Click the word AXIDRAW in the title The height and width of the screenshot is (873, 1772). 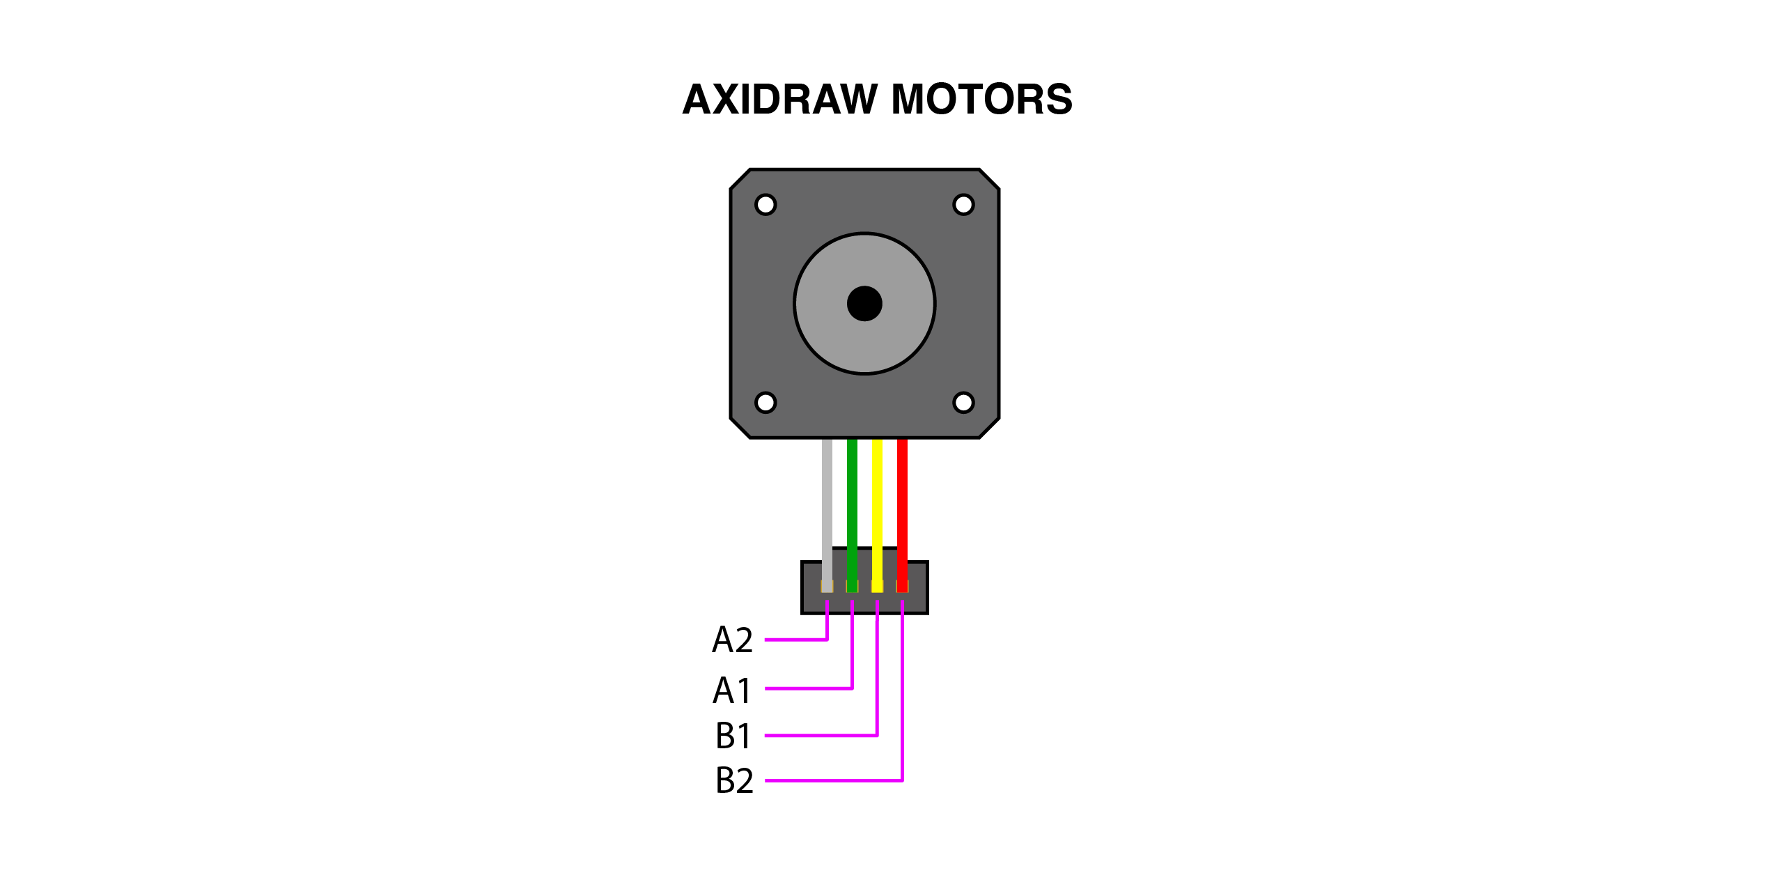point(779,100)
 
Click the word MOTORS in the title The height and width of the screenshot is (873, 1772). point(981,100)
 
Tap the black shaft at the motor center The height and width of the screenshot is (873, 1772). point(864,304)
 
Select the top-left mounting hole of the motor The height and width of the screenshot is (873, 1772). point(765,205)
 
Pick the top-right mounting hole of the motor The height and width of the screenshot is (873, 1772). point(963,205)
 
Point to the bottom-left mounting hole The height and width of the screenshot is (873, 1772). point(765,403)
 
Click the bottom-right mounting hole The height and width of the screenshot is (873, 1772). point(963,403)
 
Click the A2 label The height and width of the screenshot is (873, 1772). point(732,640)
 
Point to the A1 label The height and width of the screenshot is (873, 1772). point(732,690)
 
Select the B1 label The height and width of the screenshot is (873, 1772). point(733,736)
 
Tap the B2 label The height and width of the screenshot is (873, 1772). point(734,780)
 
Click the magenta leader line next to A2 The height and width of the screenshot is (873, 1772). point(795,640)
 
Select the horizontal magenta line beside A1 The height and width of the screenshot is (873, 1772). point(808,688)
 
